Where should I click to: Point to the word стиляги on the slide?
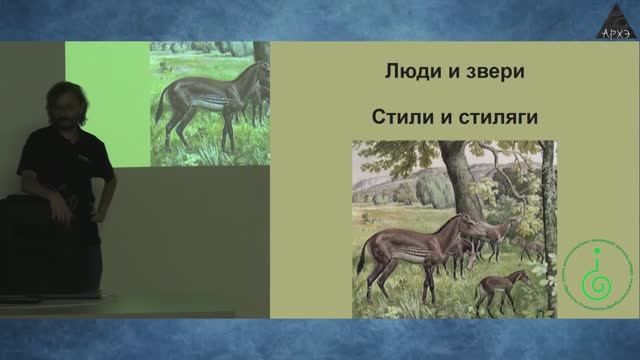[491, 117]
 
